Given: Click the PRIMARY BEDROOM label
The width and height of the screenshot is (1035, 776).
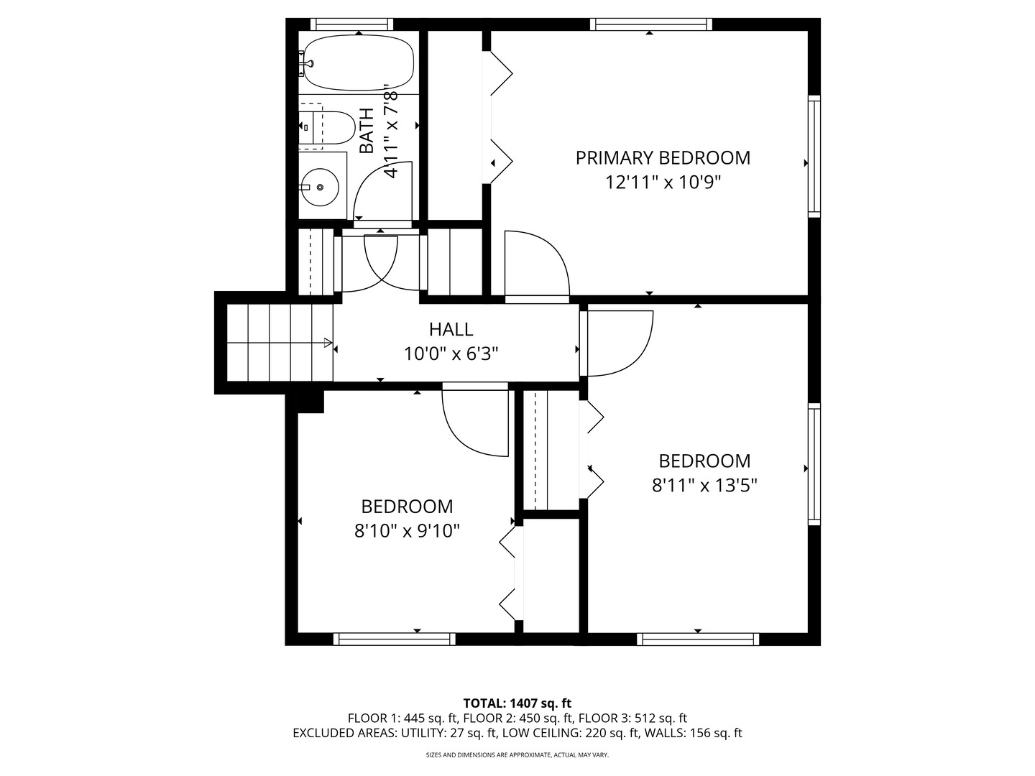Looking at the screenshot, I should (x=663, y=157).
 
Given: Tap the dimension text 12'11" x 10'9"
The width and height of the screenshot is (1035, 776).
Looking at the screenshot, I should (x=663, y=182).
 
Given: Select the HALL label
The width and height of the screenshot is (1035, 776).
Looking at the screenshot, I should (x=451, y=329).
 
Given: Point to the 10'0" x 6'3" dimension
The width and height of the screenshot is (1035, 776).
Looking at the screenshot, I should (x=451, y=354).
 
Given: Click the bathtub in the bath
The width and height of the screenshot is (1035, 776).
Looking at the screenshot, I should (x=359, y=63).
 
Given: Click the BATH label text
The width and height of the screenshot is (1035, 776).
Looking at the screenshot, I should (x=367, y=130).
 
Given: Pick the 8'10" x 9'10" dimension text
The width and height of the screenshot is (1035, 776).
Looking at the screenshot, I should (x=407, y=531).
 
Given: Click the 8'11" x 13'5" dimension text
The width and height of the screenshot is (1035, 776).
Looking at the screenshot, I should (x=704, y=485).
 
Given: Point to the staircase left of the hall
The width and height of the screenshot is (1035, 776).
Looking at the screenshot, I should (x=280, y=343).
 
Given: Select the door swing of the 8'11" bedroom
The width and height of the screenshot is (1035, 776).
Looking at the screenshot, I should (x=619, y=343).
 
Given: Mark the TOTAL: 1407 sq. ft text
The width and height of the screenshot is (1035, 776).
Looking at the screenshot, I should (x=517, y=703).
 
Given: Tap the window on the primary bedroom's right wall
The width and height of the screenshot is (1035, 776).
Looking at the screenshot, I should (x=814, y=156).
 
